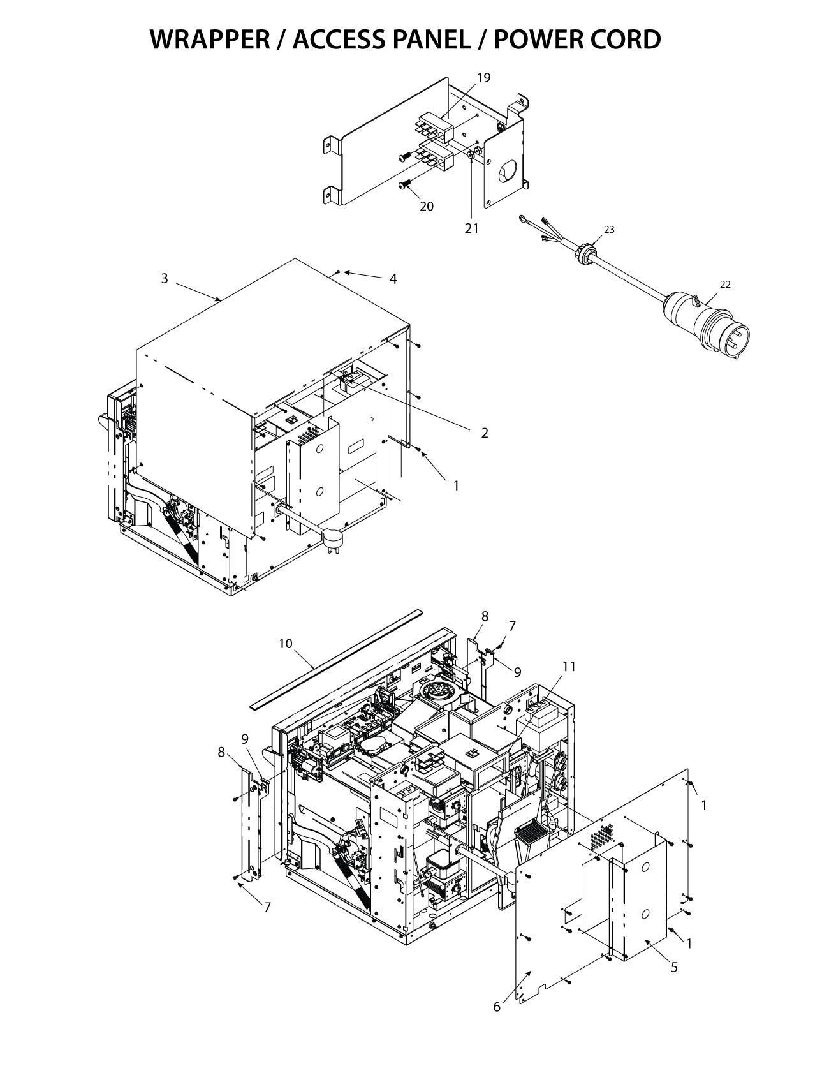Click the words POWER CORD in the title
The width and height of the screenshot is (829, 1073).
click(x=578, y=40)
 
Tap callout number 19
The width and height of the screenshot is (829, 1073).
click(x=484, y=78)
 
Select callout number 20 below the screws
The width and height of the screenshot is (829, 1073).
click(x=427, y=206)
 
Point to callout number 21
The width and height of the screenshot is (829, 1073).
click(x=471, y=228)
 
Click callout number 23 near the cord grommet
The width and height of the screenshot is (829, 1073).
click(x=609, y=230)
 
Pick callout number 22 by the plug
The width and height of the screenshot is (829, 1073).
click(x=725, y=285)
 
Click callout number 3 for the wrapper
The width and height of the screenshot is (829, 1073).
click(x=165, y=278)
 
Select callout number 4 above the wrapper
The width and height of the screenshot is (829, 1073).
click(x=393, y=279)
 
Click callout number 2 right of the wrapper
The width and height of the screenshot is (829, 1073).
click(x=485, y=433)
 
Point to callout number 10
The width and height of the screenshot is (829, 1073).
click(x=286, y=644)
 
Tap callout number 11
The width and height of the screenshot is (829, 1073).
click(x=569, y=667)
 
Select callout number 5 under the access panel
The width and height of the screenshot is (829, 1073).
click(x=674, y=967)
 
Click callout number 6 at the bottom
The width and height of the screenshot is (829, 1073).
click(x=497, y=1007)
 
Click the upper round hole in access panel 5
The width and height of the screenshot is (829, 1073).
click(x=645, y=868)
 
